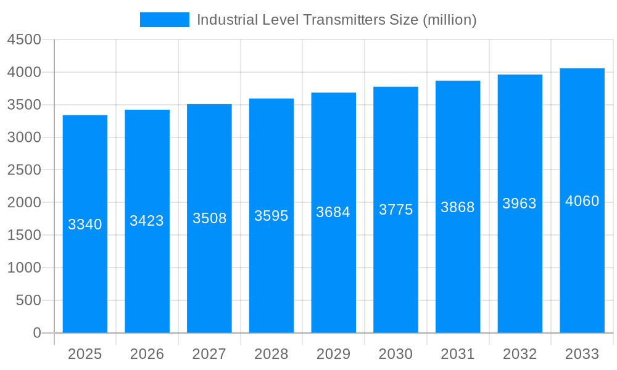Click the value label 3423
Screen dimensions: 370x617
coord(147,221)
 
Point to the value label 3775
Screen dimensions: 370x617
coord(395,210)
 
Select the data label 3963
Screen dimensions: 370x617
coord(520,203)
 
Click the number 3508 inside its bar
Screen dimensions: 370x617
coord(209,218)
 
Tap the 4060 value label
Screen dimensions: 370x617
coord(582,201)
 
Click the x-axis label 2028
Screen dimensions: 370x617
coord(271,354)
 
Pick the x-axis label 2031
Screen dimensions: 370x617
coord(458,354)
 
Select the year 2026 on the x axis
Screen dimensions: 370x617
coord(147,354)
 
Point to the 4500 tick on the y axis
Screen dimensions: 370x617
coord(24,39)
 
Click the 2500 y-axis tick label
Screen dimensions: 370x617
coord(24,170)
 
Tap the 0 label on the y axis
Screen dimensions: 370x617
coord(36,333)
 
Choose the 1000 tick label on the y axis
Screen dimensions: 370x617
coord(24,268)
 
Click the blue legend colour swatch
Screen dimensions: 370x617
coord(165,20)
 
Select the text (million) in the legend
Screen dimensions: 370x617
coord(449,20)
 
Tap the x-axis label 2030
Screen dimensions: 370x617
coord(395,354)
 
